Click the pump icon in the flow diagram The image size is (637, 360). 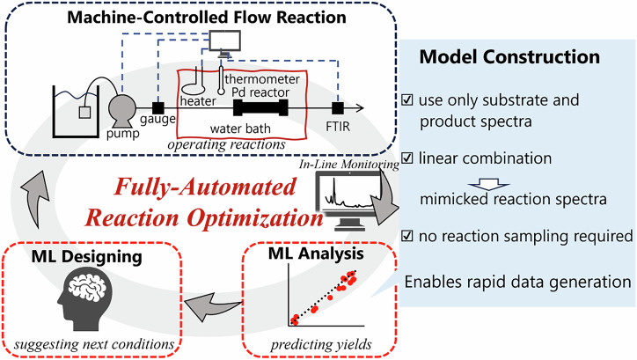(121, 111)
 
